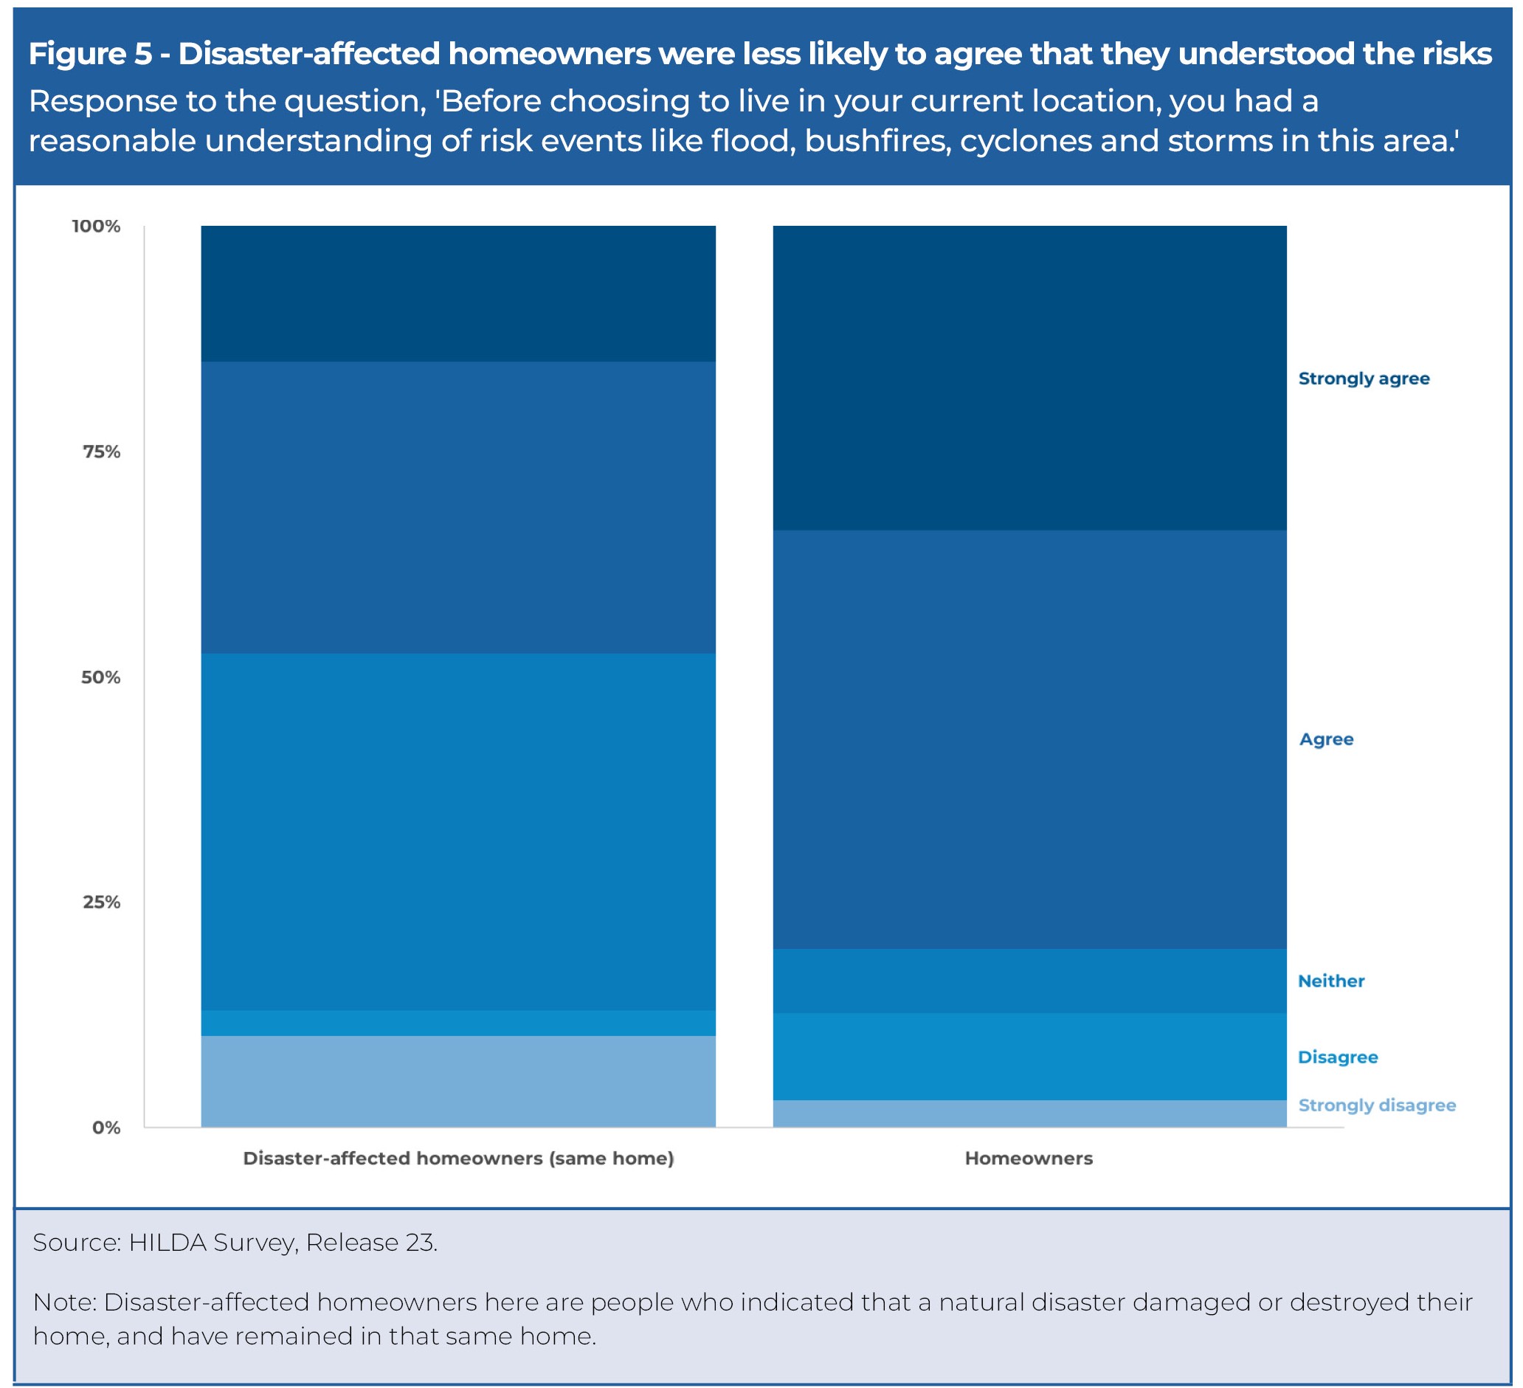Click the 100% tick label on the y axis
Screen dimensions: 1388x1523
coord(96,227)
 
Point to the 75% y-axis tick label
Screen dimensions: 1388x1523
coord(101,452)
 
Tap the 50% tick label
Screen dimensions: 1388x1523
coord(100,677)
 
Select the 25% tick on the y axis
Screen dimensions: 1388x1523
coord(101,902)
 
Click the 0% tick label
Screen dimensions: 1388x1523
coord(106,1128)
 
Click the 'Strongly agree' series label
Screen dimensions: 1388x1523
coord(1364,379)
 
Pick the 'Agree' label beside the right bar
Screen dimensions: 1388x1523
coord(1326,739)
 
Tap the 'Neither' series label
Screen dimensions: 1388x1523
coord(1331,981)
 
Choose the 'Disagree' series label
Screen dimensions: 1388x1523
coord(1337,1057)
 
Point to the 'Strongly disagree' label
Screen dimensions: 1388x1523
coord(1376,1105)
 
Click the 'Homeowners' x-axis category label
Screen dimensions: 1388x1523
coord(1028,1159)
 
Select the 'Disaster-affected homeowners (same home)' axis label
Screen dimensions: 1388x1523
coord(457,1159)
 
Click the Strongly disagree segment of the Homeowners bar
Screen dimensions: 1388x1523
coord(1029,1113)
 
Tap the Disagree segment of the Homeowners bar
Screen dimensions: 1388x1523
coord(1029,1056)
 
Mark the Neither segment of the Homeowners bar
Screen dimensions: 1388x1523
coord(1029,981)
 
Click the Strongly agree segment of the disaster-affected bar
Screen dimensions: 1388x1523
coord(457,294)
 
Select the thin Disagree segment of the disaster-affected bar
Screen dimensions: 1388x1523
coord(457,1023)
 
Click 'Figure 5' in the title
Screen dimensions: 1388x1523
coord(90,54)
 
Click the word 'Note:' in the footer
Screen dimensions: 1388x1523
coord(65,1302)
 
